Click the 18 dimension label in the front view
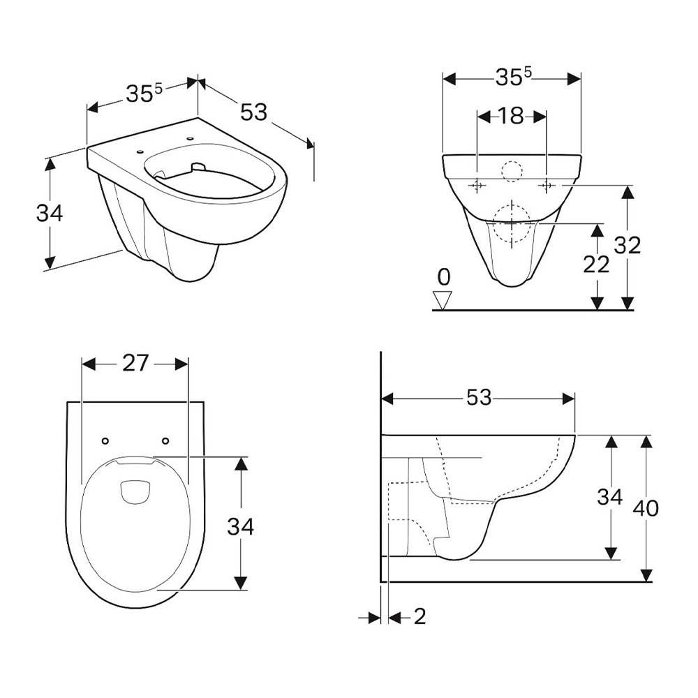tap(511, 117)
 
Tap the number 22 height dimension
tap(596, 265)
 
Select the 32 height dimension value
tap(628, 245)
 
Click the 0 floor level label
tap(444, 277)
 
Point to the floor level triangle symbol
tap(443, 300)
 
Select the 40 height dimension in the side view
tap(646, 508)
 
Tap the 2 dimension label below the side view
tap(419, 616)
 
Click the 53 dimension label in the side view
tap(479, 398)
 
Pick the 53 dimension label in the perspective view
tap(254, 112)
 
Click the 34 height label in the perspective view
tap(50, 213)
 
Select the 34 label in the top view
tap(240, 526)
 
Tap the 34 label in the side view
tap(609, 497)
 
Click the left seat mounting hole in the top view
tap(105, 440)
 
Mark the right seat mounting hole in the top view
tap(165, 440)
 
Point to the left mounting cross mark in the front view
tap(477, 185)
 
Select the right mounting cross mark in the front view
tap(547, 185)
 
